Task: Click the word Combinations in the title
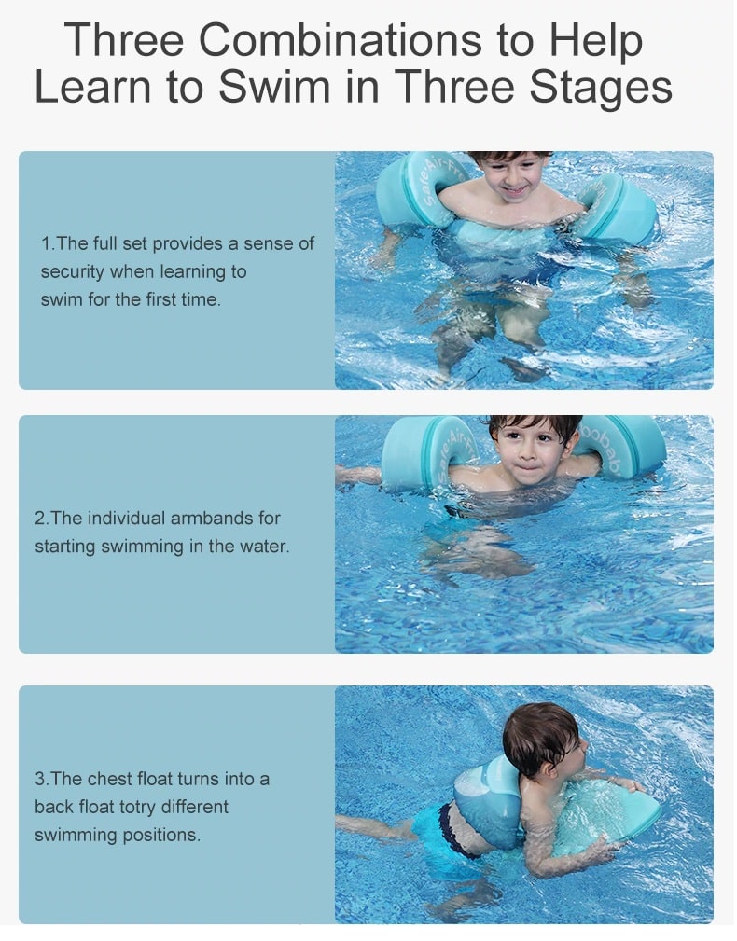coord(341,40)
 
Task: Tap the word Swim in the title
coord(274,87)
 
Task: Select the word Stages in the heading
coord(601,88)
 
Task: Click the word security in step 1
coord(72,272)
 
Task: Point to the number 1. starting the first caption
coord(48,243)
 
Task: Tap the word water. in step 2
coord(265,547)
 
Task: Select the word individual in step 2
coord(126,518)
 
